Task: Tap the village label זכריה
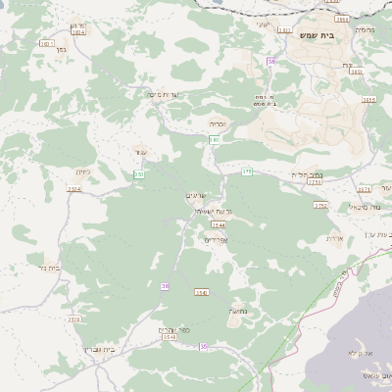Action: pos(218,124)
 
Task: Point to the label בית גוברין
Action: pos(101,349)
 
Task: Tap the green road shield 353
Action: pos(139,174)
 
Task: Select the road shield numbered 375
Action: pos(247,171)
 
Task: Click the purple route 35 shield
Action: pos(204,346)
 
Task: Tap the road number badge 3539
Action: pos(73,318)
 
